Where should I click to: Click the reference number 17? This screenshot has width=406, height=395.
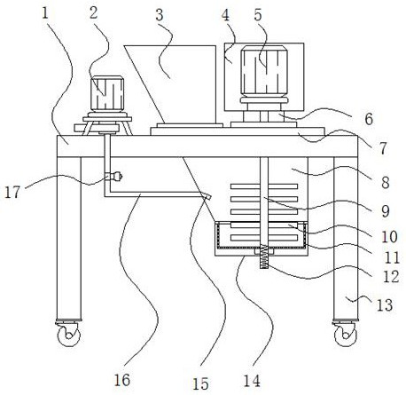pyautogui.click(x=12, y=192)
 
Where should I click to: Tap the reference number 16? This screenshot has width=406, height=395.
pyautogui.click(x=122, y=380)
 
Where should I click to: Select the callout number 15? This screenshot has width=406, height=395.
pyautogui.click(x=200, y=383)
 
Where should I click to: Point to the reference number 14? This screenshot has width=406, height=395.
pyautogui.click(x=252, y=381)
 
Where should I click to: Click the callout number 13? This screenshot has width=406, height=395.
pyautogui.click(x=385, y=305)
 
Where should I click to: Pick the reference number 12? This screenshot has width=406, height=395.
pyautogui.click(x=391, y=277)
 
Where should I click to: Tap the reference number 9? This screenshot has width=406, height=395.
pyautogui.click(x=386, y=211)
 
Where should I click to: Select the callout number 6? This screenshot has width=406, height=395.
pyautogui.click(x=369, y=119)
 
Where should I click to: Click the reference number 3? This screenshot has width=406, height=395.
pyautogui.click(x=160, y=15)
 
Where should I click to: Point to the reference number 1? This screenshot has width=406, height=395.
pyautogui.click(x=45, y=13)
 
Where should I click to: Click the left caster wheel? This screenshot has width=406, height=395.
pyautogui.click(x=69, y=334)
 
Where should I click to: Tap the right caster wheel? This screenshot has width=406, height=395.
pyautogui.click(x=345, y=334)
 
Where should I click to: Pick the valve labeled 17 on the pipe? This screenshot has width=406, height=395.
pyautogui.click(x=116, y=177)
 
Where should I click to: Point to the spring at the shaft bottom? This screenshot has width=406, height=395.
pyautogui.click(x=264, y=257)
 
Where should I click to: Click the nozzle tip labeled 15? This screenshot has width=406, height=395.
pyautogui.click(x=207, y=196)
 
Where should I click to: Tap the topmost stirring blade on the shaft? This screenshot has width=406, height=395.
pyautogui.click(x=264, y=186)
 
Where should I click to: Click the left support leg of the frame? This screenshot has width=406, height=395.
pyautogui.click(x=69, y=239)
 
